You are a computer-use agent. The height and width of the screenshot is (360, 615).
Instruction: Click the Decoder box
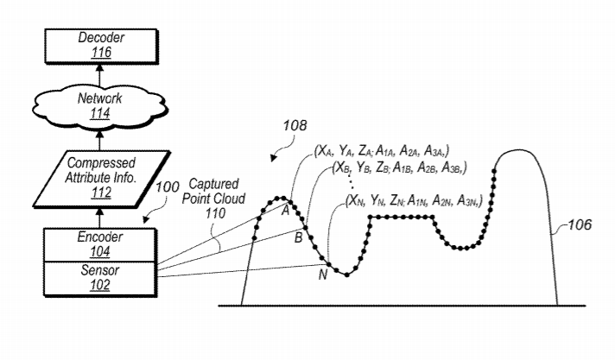click(101, 46)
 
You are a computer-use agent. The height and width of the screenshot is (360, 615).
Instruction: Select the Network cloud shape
click(99, 106)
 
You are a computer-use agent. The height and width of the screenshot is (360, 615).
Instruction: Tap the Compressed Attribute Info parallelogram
click(101, 179)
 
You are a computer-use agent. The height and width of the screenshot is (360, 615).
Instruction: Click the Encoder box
click(99, 244)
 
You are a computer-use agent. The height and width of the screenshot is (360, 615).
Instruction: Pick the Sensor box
click(99, 278)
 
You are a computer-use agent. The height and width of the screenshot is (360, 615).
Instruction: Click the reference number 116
click(101, 53)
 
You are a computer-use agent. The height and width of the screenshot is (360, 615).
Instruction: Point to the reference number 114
click(99, 114)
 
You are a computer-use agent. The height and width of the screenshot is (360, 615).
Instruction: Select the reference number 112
click(101, 193)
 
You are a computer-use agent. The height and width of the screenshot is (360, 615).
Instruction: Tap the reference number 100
click(168, 187)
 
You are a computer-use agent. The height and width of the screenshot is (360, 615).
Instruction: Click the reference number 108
click(295, 125)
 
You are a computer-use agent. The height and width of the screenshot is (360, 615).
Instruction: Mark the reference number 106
click(580, 224)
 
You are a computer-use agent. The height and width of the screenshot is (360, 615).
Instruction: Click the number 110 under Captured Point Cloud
click(215, 213)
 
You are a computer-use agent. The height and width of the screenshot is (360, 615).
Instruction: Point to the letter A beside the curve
click(286, 211)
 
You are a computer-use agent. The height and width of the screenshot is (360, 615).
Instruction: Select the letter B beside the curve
click(298, 237)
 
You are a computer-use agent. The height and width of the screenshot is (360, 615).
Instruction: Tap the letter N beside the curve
click(322, 275)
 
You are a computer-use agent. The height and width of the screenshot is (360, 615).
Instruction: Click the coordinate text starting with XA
click(382, 150)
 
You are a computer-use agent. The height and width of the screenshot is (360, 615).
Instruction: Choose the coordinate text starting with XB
click(399, 167)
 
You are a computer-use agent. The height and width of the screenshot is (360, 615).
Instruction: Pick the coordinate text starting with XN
click(414, 200)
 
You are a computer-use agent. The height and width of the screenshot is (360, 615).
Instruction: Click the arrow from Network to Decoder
click(99, 74)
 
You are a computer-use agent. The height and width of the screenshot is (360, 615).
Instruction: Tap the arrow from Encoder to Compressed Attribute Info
click(99, 218)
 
